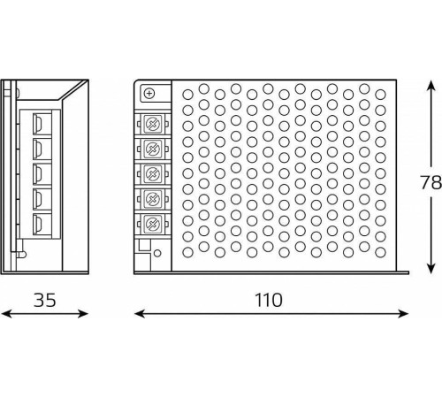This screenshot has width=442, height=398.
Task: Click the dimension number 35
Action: pyautogui.click(x=44, y=300)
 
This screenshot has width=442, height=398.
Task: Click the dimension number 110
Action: pyautogui.click(x=269, y=300)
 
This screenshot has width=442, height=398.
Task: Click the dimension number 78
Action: pyautogui.click(x=431, y=182)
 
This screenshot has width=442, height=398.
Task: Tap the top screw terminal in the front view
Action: pyautogui.click(x=153, y=123)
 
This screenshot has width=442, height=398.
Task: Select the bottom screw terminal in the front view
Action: pyautogui.click(x=153, y=224)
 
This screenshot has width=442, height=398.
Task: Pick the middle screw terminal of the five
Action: pyautogui.click(x=153, y=173)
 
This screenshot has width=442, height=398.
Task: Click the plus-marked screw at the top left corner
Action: pyautogui.click(x=149, y=94)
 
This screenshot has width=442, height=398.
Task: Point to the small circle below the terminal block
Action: pyautogui.click(x=157, y=253)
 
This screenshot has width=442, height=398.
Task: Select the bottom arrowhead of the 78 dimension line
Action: pyautogui.click(x=431, y=268)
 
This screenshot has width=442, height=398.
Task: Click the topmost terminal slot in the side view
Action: pyautogui.click(x=42, y=124)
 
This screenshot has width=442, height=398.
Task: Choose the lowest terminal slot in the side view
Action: pyautogui.click(x=42, y=224)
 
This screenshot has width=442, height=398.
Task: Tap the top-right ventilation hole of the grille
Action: pyautogui.click(x=380, y=95)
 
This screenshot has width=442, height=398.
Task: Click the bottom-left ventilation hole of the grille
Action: pyautogui.click(x=187, y=253)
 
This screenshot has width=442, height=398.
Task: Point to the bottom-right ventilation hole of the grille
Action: pyautogui.click(x=380, y=253)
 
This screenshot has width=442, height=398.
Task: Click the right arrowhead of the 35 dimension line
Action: pyautogui.click(x=83, y=314)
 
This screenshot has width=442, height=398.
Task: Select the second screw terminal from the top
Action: pyautogui.click(x=153, y=149)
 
